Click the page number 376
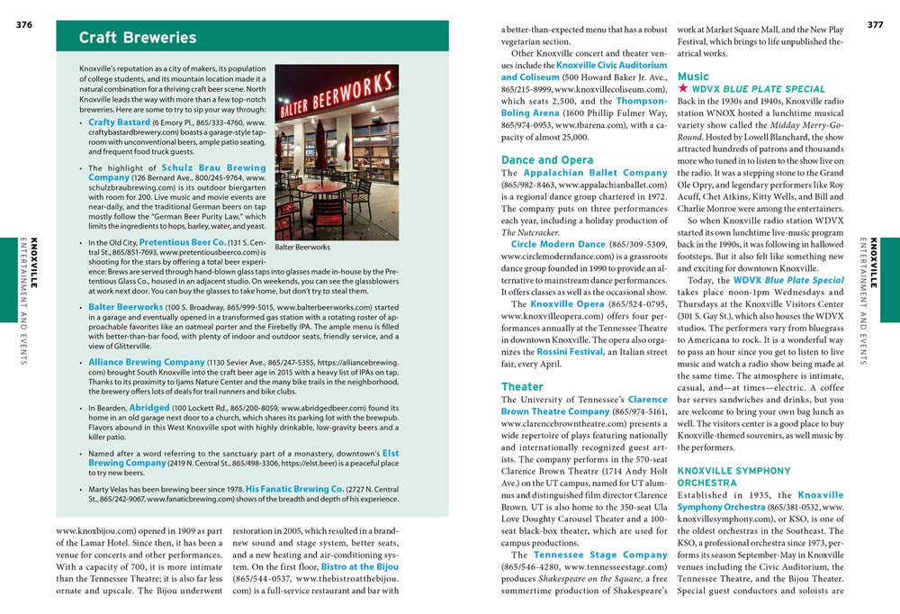point(23,24)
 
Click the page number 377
point(874,24)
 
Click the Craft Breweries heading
point(137,38)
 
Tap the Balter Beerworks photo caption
point(302,247)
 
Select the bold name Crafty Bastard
point(120,122)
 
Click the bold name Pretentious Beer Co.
point(183,242)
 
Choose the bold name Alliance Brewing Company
point(147,362)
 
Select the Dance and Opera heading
point(547,160)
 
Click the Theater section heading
point(522,387)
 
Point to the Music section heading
point(693,77)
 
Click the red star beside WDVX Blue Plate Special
point(683,89)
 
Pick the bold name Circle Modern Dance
point(558,244)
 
